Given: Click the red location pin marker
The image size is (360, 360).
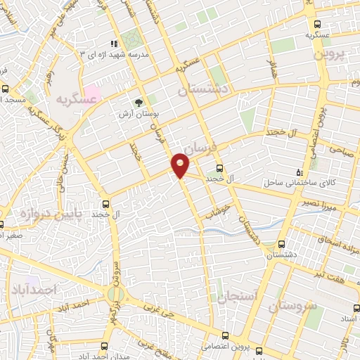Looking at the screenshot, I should click(x=180, y=165).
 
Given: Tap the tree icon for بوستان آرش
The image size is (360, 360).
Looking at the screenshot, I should click(x=139, y=101).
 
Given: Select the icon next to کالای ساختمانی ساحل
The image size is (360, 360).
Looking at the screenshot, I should click(x=301, y=172).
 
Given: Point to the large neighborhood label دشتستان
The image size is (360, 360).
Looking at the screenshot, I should click(x=204, y=89).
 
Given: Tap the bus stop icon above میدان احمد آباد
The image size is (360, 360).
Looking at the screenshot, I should click(x=105, y=345).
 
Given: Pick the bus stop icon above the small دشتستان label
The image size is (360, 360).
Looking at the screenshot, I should click(x=281, y=244).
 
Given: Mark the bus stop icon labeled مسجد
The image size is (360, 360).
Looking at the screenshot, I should click(x=6, y=89).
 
